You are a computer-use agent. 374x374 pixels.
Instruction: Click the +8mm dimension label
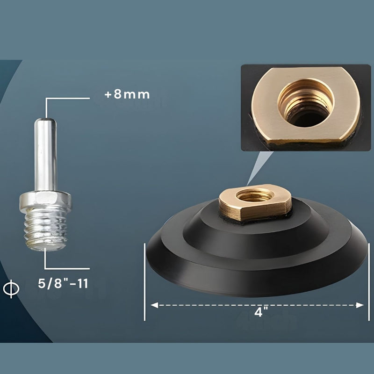point(127,94)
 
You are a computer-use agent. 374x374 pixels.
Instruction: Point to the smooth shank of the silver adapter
point(45,154)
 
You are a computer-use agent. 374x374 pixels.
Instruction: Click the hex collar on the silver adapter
point(45,201)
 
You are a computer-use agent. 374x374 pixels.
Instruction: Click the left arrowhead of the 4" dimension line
point(153,305)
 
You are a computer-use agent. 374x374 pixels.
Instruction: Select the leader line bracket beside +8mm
point(65,99)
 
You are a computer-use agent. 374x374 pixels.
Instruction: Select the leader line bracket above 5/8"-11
point(65,268)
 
